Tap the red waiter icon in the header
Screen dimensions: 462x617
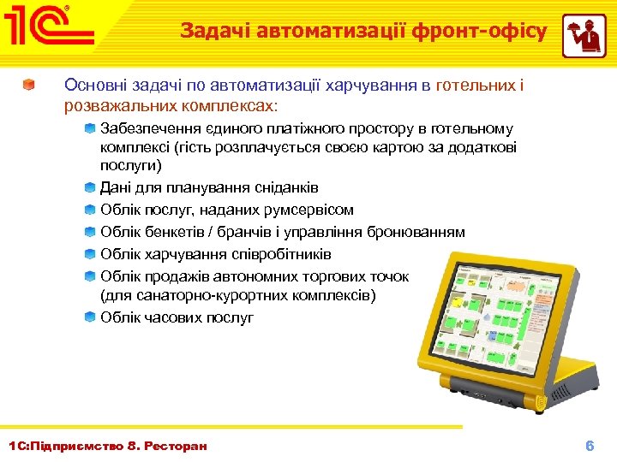click(584, 36)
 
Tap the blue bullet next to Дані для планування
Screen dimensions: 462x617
click(90, 187)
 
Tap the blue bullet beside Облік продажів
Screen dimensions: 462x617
click(90, 276)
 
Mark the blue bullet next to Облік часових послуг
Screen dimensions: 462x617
click(90, 317)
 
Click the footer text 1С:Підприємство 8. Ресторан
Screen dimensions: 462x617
click(107, 446)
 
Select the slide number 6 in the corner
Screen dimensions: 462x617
click(589, 446)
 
